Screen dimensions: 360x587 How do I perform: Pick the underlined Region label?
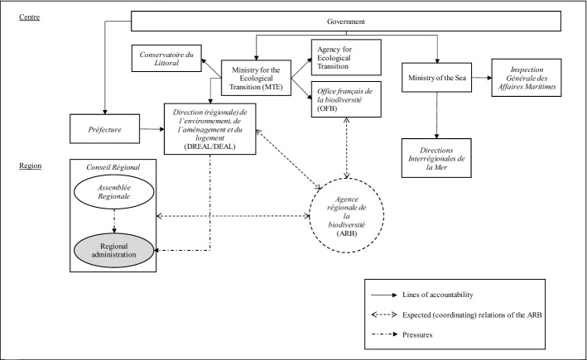click(x=31, y=165)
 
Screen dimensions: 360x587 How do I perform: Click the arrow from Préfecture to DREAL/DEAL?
click(x=151, y=130)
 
